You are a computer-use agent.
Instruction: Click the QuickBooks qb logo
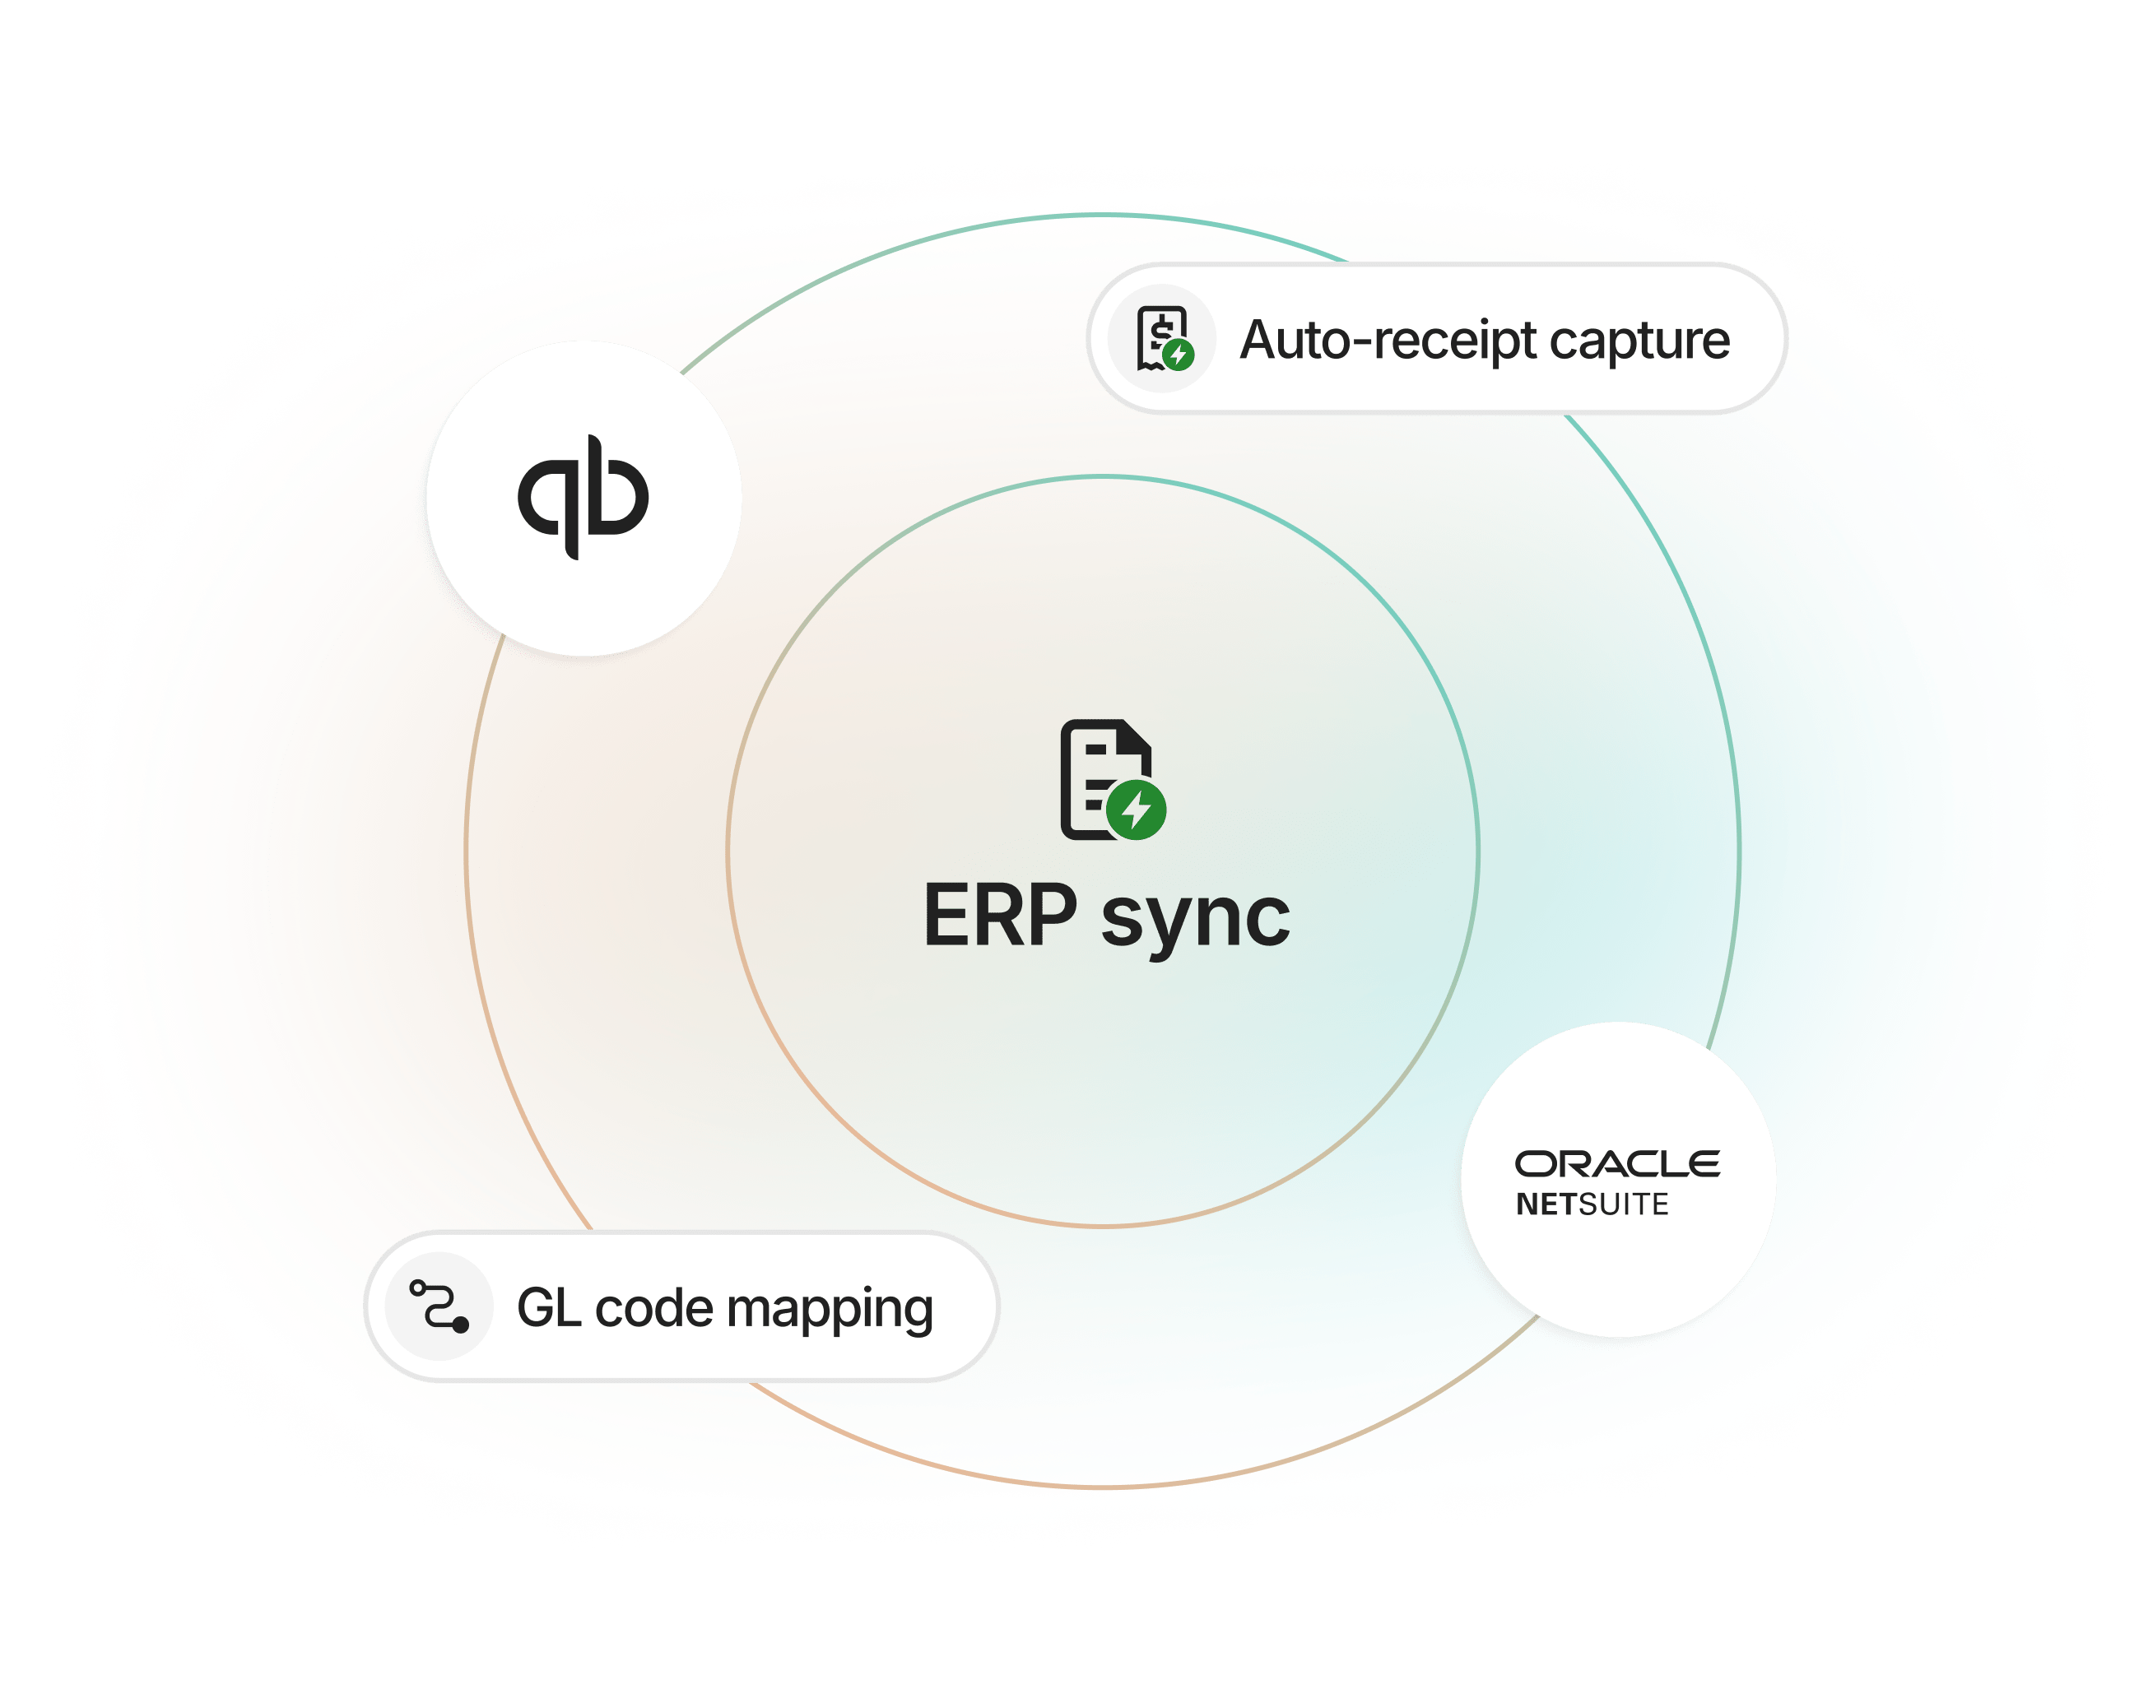click(x=583, y=497)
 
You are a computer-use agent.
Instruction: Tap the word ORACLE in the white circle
click(x=1617, y=1164)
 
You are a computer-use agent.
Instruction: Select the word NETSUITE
click(x=1592, y=1204)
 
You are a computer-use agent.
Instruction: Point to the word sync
click(x=1196, y=918)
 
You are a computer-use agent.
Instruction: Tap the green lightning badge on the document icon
click(x=1136, y=810)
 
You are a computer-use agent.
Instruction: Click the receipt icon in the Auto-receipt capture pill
click(x=1162, y=339)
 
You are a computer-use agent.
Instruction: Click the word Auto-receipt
click(x=1388, y=341)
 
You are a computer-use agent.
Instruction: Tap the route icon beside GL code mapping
click(x=439, y=1306)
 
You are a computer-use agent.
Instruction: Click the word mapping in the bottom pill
click(x=835, y=1310)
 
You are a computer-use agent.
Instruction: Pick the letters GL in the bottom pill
click(x=548, y=1307)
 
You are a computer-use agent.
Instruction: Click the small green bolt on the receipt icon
click(x=1179, y=354)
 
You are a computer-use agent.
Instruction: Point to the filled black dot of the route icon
click(x=460, y=1325)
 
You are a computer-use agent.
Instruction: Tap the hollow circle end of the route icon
click(x=418, y=1288)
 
